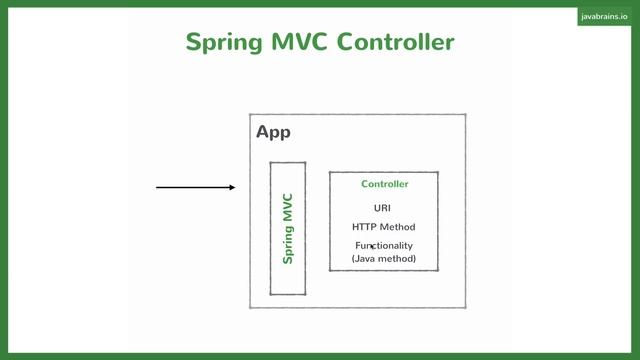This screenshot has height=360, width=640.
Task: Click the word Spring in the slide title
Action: pyautogui.click(x=226, y=42)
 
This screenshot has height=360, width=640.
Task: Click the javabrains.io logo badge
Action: pyautogui.click(x=605, y=17)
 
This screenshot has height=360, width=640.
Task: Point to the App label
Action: pyautogui.click(x=273, y=132)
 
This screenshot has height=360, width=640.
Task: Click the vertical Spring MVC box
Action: pyautogui.click(x=288, y=228)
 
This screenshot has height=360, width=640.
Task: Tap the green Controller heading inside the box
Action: pyautogui.click(x=384, y=184)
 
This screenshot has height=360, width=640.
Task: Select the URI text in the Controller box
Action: pyautogui.click(x=384, y=208)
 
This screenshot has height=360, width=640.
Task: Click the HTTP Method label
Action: pyautogui.click(x=384, y=227)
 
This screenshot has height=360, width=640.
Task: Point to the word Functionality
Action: pyautogui.click(x=384, y=246)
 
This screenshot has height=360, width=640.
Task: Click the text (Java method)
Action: pyautogui.click(x=384, y=259)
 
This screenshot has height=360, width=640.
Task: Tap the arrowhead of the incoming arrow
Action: pyautogui.click(x=232, y=187)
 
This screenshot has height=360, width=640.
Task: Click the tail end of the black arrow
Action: pyautogui.click(x=158, y=187)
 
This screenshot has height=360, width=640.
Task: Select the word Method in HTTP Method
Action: pyautogui.click(x=398, y=227)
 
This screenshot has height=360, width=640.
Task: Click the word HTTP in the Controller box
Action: pyautogui.click(x=365, y=227)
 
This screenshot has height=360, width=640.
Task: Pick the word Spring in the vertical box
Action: pyautogui.click(x=288, y=244)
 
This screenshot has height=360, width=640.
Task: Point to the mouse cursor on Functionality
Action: pyautogui.click(x=373, y=246)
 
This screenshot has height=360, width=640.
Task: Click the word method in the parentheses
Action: pyautogui.click(x=397, y=259)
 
